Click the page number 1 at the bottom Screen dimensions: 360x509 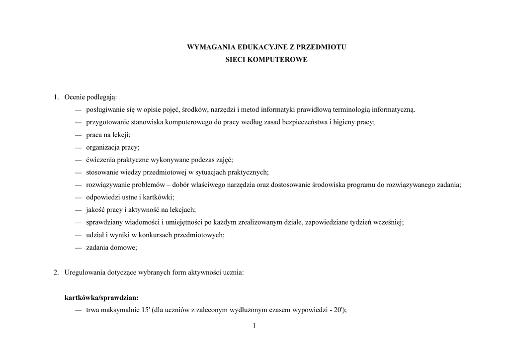254,326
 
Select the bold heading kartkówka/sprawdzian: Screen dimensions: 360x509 101,298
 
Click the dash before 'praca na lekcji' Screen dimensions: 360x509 78,135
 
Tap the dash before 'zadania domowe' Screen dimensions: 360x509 78,248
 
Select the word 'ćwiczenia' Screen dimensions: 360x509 100,160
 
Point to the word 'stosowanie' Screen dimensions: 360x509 102,173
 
